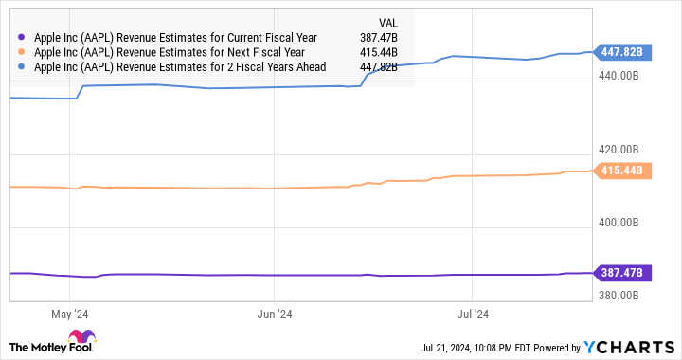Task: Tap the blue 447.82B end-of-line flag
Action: pyautogui.click(x=621, y=51)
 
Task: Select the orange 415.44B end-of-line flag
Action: pyautogui.click(x=621, y=171)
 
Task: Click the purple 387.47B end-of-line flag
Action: pyautogui.click(x=621, y=273)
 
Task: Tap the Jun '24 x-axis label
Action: pyautogui.click(x=273, y=314)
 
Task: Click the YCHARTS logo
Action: pyautogui.click(x=632, y=346)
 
